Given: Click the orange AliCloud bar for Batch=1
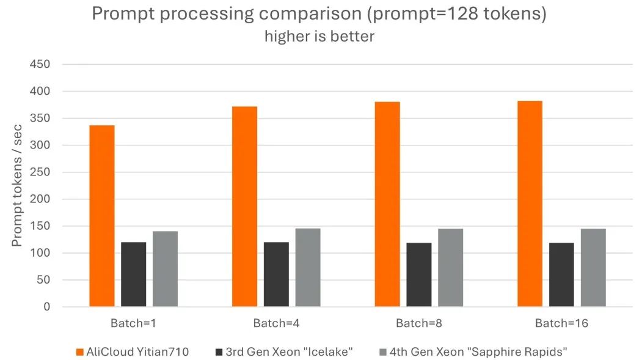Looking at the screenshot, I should point(101,216).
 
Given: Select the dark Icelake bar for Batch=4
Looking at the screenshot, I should point(276,274).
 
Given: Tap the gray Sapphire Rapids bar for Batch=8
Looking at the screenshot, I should point(450,268).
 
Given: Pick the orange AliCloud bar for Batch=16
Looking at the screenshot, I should point(530,204).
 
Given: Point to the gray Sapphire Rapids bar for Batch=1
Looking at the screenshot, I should point(165,269).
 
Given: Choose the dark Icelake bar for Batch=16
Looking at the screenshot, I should point(561,274).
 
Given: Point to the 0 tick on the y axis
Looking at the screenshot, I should point(46,307).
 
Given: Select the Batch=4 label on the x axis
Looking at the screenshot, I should point(276,323).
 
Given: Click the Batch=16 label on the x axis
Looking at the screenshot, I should point(561,323).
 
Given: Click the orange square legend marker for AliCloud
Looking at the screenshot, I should point(80,351).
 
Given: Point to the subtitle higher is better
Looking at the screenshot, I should point(319,36).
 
